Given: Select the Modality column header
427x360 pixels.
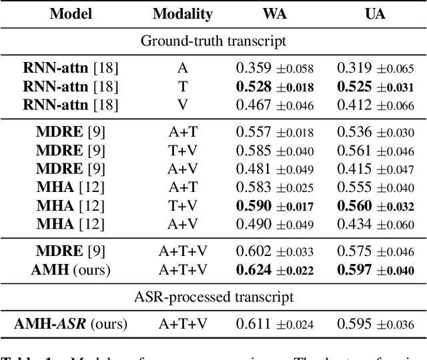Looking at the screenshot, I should coord(182,14).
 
